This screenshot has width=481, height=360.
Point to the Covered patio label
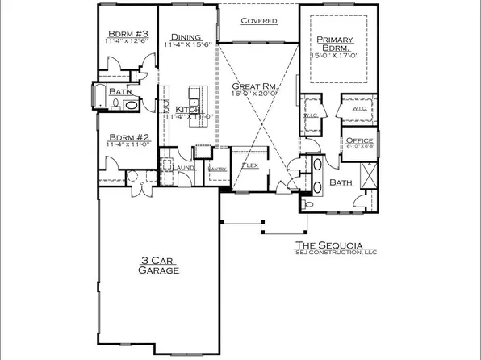coord(259,21)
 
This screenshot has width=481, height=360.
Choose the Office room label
coord(358,140)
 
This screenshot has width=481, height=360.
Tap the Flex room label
coord(249,165)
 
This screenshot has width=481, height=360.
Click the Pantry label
coord(216,168)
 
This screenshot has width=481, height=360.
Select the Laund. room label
coord(187,167)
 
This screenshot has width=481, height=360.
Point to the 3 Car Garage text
coord(157,266)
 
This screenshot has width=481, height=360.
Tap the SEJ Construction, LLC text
coord(328,254)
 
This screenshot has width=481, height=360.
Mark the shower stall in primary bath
coord(367,174)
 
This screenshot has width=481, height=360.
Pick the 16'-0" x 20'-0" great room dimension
coord(257,94)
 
